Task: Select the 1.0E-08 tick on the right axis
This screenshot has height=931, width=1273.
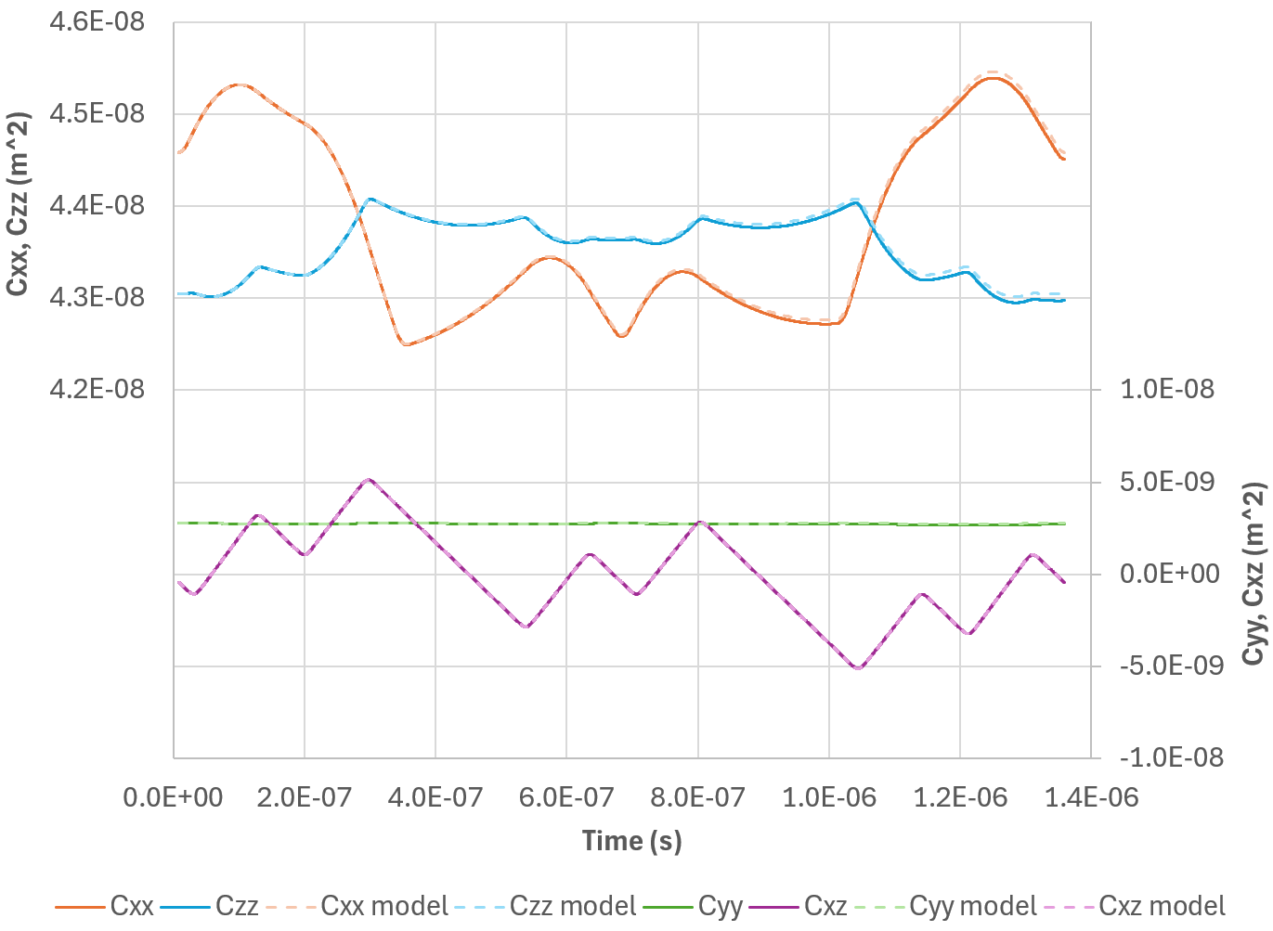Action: (1167, 390)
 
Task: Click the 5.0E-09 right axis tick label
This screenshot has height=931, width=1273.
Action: (1167, 482)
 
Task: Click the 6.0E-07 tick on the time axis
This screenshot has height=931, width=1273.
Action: (566, 797)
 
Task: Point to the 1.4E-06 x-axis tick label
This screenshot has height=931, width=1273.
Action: (1091, 797)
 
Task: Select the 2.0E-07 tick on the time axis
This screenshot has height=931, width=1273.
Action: (305, 797)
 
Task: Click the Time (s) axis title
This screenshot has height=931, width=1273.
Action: (631, 841)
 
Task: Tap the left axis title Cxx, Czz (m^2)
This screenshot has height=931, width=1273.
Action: (18, 204)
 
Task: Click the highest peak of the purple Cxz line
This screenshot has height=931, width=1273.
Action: (370, 480)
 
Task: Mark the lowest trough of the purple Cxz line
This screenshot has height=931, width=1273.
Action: (858, 667)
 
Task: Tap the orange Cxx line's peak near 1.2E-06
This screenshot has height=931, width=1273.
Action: (993, 78)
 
